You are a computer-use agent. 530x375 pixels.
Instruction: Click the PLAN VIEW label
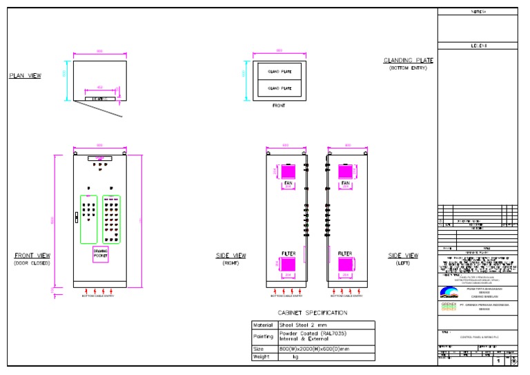[x=25, y=76]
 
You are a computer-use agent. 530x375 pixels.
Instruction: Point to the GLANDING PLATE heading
[x=409, y=61]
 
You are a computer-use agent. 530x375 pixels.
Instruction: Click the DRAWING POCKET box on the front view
[x=101, y=253]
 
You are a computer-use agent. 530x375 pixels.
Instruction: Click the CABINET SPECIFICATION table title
[x=313, y=313]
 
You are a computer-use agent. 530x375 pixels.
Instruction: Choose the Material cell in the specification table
[x=264, y=325]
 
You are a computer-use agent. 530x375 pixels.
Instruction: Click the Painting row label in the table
[x=264, y=337]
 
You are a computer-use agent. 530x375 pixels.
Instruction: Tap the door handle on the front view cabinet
[x=77, y=217]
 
